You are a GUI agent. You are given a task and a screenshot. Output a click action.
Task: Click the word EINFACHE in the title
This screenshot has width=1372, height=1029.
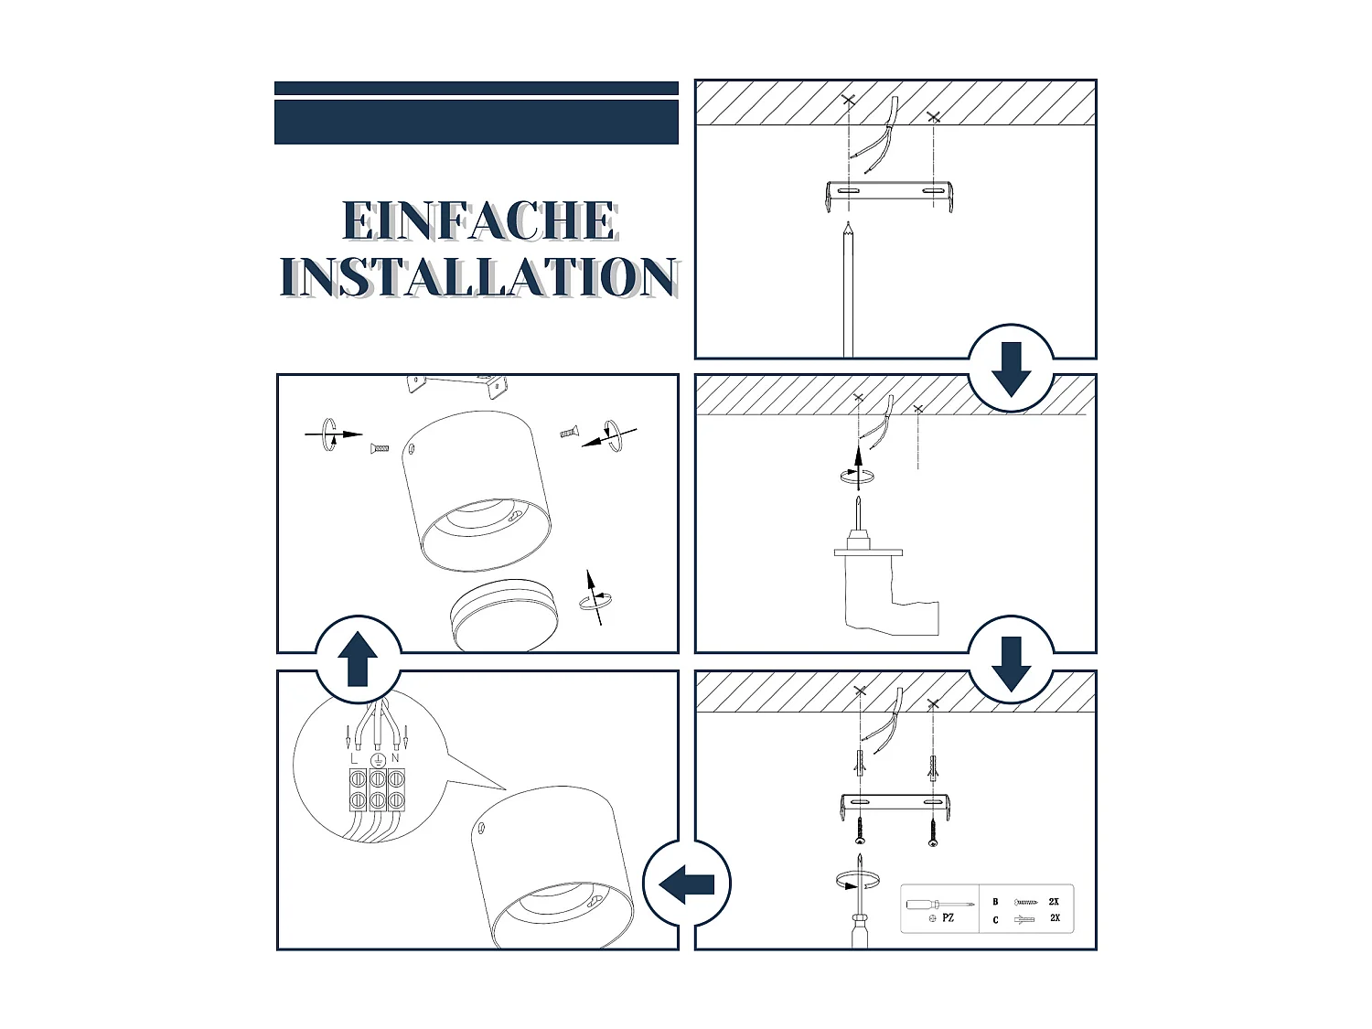[x=480, y=220]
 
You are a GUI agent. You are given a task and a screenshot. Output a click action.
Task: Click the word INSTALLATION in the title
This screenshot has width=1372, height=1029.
[x=478, y=276]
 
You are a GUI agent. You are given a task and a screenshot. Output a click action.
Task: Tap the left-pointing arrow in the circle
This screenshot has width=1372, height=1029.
[x=686, y=884]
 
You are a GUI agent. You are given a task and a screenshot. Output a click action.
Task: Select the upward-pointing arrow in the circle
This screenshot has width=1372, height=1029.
[x=358, y=659]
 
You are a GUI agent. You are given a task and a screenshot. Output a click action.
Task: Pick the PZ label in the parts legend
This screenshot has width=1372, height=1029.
[x=949, y=917]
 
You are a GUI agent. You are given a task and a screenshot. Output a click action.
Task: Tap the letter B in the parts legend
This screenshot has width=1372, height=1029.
[x=996, y=902]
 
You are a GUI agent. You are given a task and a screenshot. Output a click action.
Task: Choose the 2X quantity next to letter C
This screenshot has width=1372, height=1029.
[x=1056, y=917]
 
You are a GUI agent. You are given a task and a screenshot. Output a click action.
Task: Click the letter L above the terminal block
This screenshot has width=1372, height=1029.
[x=354, y=759]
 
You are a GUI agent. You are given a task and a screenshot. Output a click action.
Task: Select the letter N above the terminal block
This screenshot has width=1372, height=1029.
[x=395, y=758]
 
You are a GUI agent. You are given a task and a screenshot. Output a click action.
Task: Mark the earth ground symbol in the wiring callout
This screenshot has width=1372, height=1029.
[x=378, y=760]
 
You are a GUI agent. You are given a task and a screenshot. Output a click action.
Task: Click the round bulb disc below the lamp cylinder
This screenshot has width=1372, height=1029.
[x=503, y=615]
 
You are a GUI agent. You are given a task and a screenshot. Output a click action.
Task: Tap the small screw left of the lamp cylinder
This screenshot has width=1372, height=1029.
[x=380, y=448]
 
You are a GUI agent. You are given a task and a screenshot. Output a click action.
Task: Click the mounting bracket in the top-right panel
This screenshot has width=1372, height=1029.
[x=889, y=194]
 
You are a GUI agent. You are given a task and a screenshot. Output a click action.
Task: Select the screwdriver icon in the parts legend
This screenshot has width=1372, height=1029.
[x=939, y=905]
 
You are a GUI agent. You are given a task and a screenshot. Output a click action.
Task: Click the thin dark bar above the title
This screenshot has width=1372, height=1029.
[x=477, y=88]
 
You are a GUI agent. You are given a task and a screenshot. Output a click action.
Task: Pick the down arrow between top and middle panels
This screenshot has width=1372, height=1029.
[x=1011, y=370]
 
